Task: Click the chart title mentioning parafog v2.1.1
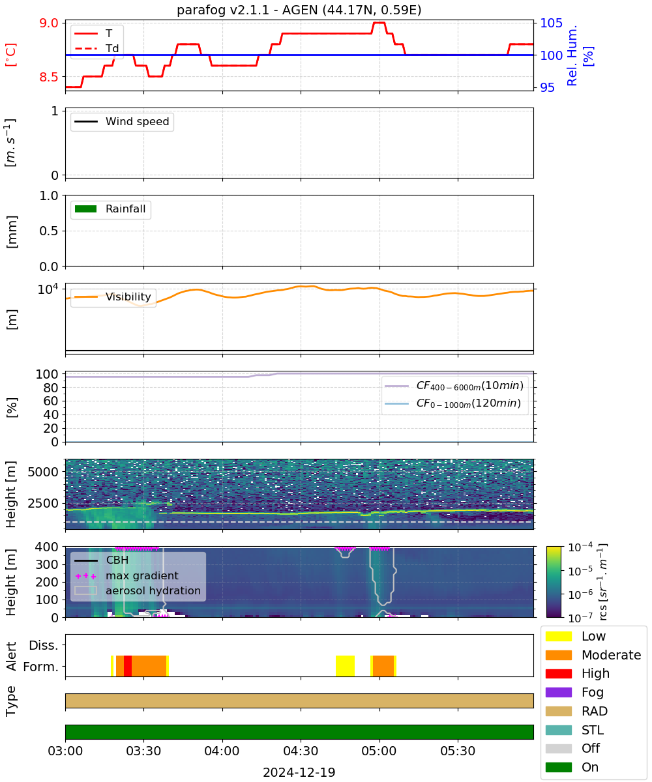click(299, 10)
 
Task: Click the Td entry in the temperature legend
click(96, 48)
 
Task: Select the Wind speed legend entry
click(122, 121)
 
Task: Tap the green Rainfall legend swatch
click(86, 209)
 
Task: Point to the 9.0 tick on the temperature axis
click(49, 23)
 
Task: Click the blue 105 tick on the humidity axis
click(551, 23)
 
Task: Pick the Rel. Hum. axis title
click(572, 55)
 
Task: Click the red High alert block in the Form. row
click(127, 666)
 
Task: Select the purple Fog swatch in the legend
click(558, 693)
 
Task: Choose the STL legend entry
click(574, 730)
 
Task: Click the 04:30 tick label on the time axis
click(301, 751)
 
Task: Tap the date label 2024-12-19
click(299, 772)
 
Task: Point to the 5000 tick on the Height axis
click(43, 472)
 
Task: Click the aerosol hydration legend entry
click(138, 590)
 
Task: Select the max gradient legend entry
click(126, 575)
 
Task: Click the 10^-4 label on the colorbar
click(580, 547)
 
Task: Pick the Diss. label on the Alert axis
click(44, 645)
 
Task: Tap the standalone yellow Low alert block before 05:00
click(345, 666)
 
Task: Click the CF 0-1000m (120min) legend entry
click(452, 403)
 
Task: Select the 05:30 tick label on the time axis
click(458, 751)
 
